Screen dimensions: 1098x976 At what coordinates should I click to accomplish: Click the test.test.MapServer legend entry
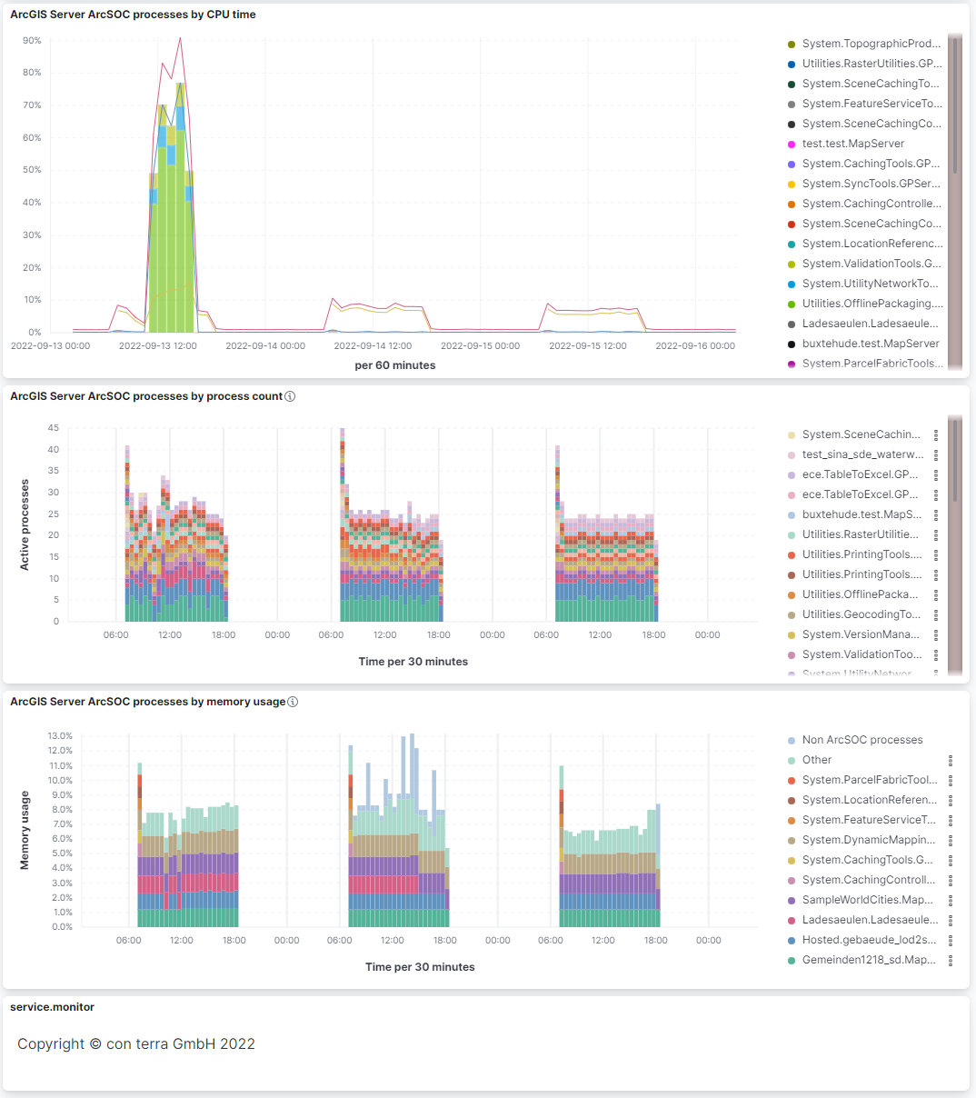point(852,144)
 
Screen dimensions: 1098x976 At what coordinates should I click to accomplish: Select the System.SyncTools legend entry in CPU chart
point(870,184)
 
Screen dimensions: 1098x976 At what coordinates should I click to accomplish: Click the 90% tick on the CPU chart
point(32,41)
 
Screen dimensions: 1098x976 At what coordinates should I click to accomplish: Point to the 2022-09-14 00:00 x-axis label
point(265,345)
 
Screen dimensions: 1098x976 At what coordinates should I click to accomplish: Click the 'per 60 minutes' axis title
point(394,365)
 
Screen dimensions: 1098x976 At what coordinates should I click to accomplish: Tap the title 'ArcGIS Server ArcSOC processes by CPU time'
point(133,15)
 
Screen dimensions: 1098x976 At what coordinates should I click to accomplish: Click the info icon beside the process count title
point(290,396)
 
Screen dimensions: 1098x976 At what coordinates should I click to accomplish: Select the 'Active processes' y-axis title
point(25,524)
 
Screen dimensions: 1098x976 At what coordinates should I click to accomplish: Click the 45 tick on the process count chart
point(54,428)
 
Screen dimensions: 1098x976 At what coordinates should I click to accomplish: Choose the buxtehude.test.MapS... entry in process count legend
point(861,514)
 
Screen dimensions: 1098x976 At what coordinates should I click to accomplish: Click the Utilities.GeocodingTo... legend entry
point(861,614)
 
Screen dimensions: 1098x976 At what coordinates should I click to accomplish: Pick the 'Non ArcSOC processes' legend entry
point(861,740)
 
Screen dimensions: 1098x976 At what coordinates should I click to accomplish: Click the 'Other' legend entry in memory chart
point(816,760)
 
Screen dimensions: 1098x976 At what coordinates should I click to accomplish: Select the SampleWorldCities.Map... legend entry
point(867,900)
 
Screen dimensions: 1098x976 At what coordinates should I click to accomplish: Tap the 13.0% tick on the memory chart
point(60,736)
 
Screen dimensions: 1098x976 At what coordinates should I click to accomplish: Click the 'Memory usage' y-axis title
point(25,830)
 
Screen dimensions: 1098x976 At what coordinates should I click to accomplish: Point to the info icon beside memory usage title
point(293,702)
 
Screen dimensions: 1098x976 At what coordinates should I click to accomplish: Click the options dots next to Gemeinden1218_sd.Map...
point(951,960)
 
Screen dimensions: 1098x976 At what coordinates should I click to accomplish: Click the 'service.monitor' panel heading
point(52,1007)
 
